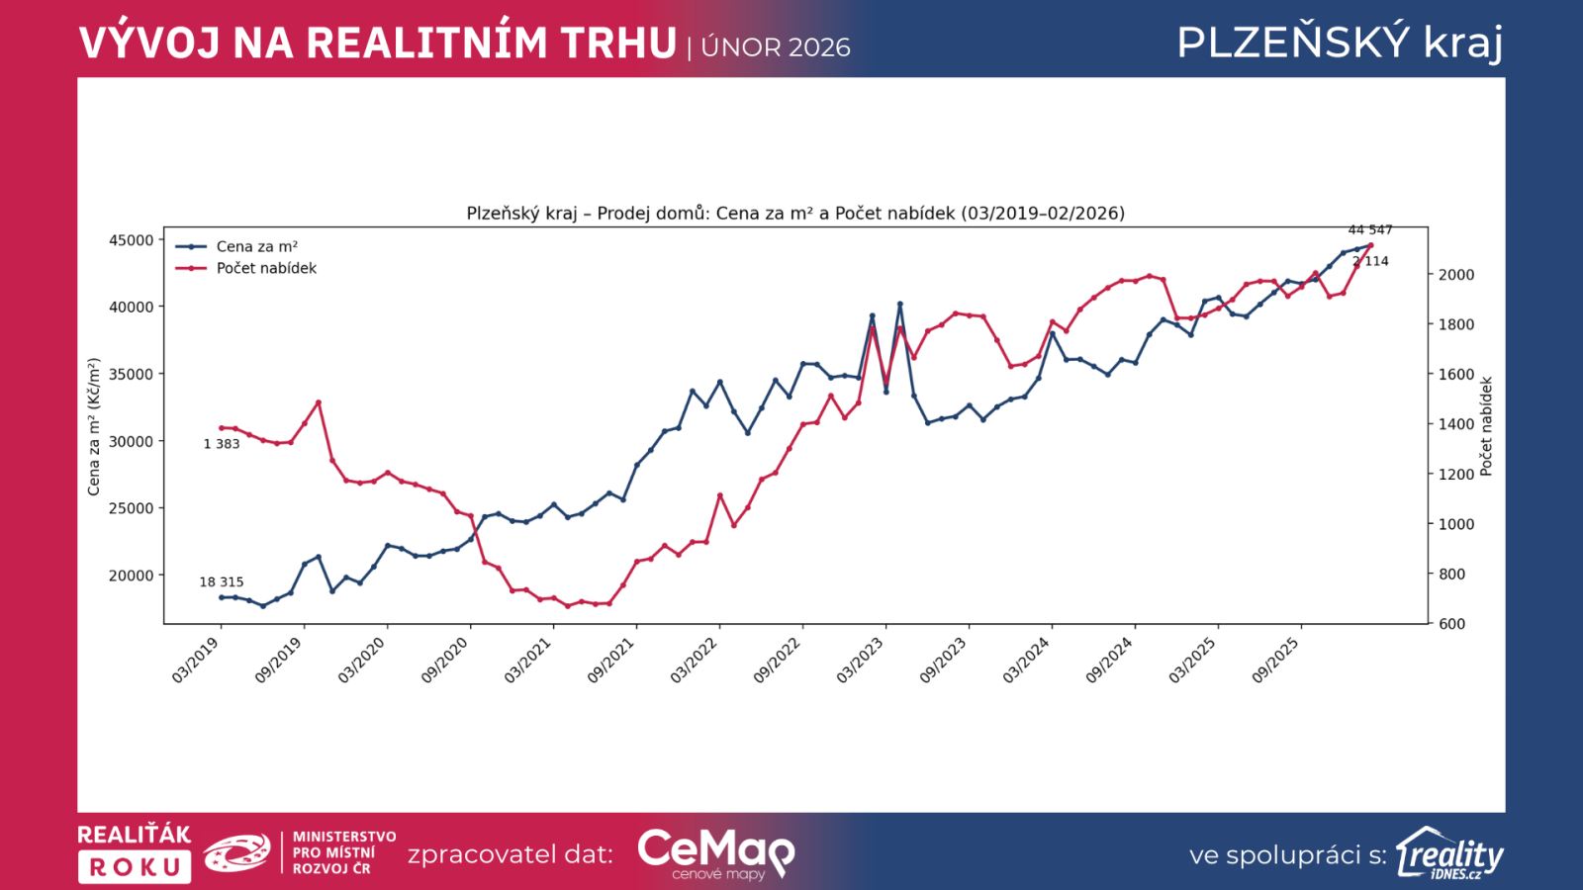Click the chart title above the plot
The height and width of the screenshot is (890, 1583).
tap(795, 214)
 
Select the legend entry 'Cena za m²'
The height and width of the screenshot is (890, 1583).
tap(256, 247)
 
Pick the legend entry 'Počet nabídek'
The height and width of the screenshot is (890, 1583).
tap(266, 268)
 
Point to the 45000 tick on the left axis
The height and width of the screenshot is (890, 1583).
tap(131, 240)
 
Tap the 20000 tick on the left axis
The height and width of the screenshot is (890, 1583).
tap(131, 576)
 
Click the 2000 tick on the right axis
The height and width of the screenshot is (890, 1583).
tap(1455, 275)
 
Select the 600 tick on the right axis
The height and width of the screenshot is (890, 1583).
tap(1451, 624)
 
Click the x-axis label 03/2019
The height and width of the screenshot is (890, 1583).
tap(197, 660)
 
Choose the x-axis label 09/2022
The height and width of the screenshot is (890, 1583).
tap(778, 660)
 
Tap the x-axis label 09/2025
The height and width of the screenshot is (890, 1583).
tap(1276, 660)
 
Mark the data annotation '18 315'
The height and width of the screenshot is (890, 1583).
tap(222, 582)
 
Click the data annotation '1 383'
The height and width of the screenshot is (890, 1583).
tap(222, 444)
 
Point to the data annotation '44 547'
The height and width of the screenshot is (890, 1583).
tap(1370, 230)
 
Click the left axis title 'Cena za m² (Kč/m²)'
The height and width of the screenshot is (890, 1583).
tap(94, 427)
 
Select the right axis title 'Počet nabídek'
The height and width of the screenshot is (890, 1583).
tap(1486, 426)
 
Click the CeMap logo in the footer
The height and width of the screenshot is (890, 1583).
tap(715, 852)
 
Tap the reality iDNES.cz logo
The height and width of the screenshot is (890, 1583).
tap(1449, 853)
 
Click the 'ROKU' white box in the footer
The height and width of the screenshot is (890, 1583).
tap(135, 867)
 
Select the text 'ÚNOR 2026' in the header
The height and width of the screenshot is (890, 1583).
tap(776, 47)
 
